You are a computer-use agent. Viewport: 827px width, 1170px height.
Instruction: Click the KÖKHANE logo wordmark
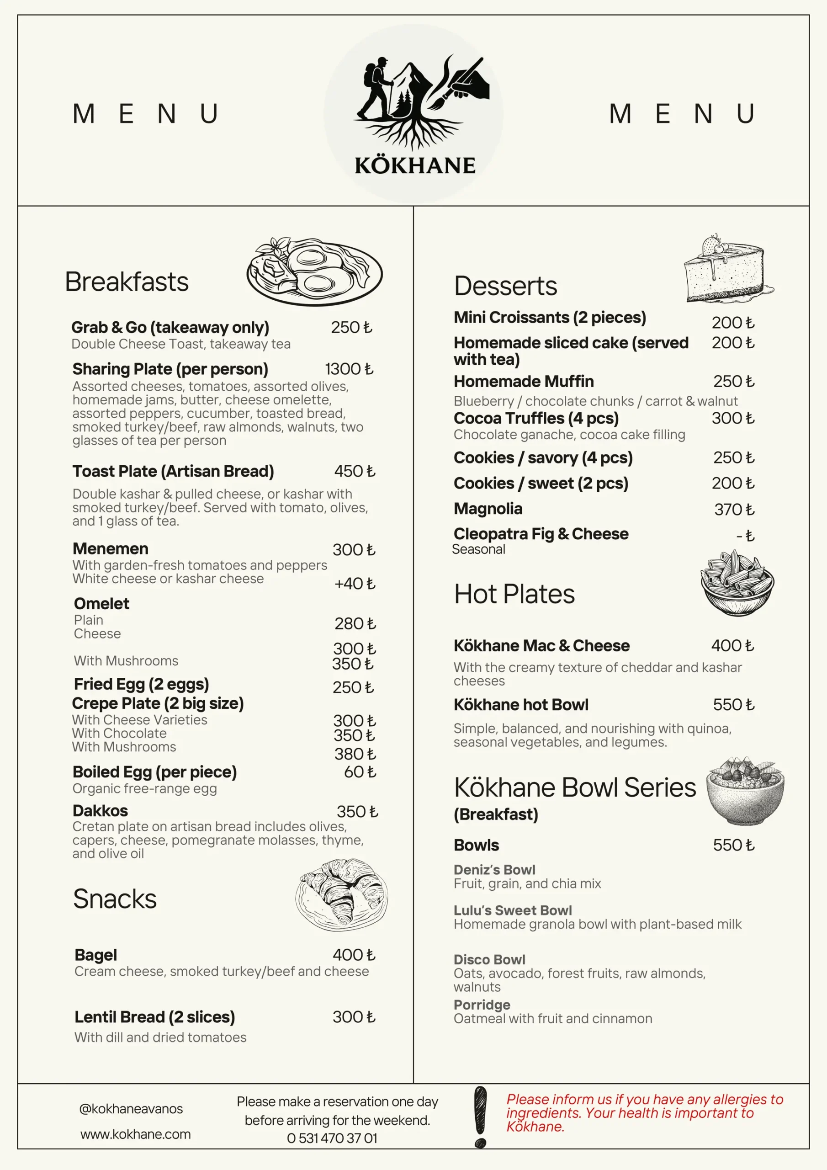click(x=415, y=166)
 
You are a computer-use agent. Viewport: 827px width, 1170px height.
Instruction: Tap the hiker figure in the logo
click(x=376, y=88)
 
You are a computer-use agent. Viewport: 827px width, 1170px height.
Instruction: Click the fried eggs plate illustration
click(x=314, y=271)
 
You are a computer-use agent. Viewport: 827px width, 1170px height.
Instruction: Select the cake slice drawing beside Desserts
click(x=726, y=269)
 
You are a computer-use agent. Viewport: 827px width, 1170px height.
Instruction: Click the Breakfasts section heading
click(x=127, y=282)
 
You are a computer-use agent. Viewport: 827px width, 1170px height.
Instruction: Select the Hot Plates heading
click(x=514, y=594)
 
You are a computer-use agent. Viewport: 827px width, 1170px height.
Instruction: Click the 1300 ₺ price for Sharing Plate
click(x=349, y=369)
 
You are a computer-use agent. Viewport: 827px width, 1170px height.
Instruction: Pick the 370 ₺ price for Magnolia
click(x=734, y=510)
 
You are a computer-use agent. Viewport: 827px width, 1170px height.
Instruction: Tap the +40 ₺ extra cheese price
click(x=354, y=584)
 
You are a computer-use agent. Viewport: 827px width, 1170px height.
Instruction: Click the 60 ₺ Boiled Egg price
click(x=360, y=772)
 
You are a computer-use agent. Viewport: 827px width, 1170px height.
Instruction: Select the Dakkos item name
click(x=101, y=811)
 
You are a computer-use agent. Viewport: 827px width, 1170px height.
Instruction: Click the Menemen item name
click(x=111, y=549)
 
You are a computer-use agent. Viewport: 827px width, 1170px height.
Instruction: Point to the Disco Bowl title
click(x=489, y=960)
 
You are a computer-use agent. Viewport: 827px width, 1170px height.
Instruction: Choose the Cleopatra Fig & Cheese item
click(x=541, y=534)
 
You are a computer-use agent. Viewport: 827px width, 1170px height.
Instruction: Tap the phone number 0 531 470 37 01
click(x=332, y=1138)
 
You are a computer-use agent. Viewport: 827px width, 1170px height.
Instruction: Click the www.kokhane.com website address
click(x=136, y=1134)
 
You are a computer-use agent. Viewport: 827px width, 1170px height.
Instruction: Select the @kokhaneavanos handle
click(x=131, y=1109)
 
